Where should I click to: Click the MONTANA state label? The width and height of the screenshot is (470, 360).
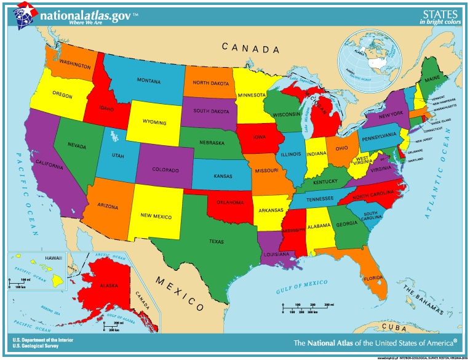coord(148,81)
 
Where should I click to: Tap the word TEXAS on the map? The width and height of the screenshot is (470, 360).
coord(216,241)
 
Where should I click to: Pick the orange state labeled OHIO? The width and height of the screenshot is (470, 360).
coord(342,148)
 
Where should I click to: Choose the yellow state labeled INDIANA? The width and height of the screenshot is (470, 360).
coord(317,153)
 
